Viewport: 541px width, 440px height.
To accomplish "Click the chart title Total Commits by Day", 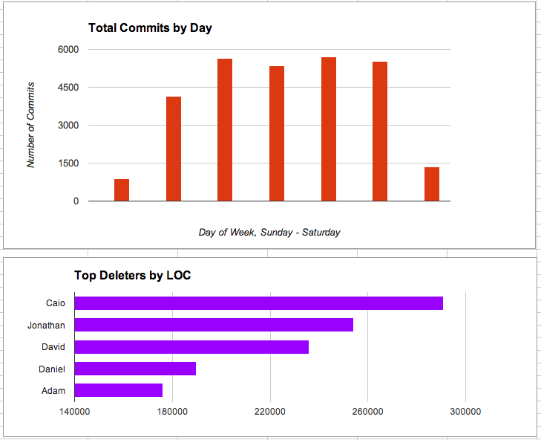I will tap(150, 28).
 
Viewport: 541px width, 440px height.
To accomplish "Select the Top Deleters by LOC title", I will tap(132, 275).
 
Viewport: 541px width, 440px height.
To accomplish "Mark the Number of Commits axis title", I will tap(31, 126).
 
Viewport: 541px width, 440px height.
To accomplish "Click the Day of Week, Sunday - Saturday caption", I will tap(269, 233).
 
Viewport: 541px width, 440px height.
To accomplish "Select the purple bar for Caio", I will tap(259, 303).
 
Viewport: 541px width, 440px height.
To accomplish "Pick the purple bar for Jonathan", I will tap(214, 325).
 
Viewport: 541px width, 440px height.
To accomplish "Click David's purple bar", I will tap(191, 347).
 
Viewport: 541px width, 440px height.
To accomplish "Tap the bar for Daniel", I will tap(135, 369).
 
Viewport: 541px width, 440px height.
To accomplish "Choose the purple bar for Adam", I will tap(119, 390).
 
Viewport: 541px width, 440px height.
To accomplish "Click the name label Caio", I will tap(56, 303).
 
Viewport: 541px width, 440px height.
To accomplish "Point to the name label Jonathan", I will tap(46, 326).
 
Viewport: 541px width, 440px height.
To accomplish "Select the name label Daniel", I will tap(52, 369).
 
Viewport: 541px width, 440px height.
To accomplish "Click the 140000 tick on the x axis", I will tap(74, 411).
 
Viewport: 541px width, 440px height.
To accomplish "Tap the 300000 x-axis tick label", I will tap(465, 411).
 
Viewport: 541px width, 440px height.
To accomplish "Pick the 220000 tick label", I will tap(270, 411).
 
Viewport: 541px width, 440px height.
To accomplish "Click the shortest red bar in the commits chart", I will tap(122, 190).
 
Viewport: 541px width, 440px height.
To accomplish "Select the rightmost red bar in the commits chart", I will tap(432, 184).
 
